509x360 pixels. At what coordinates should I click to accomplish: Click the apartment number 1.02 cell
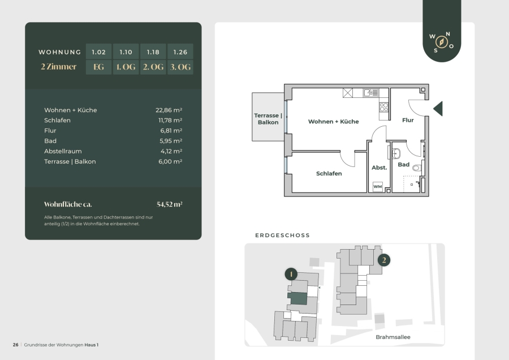[98, 52]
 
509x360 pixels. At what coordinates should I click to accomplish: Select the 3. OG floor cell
[180, 67]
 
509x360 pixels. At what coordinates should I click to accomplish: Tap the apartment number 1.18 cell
[153, 52]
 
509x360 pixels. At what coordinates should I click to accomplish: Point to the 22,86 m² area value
[169, 110]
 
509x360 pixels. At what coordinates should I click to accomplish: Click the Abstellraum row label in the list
[63, 151]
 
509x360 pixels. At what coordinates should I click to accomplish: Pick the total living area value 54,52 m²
[170, 204]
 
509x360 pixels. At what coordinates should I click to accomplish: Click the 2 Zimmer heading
[59, 67]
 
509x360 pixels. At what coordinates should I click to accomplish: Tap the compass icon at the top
[442, 42]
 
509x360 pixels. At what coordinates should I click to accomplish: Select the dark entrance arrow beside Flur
[438, 109]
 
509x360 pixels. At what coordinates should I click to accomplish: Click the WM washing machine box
[378, 186]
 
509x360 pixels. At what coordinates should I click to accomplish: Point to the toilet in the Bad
[417, 168]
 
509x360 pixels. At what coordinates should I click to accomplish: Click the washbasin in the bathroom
[396, 153]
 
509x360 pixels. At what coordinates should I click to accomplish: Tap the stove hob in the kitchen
[383, 107]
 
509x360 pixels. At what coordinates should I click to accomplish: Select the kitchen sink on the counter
[370, 93]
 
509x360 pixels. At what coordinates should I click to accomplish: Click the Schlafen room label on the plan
[329, 174]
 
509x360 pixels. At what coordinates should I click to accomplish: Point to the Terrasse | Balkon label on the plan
[268, 119]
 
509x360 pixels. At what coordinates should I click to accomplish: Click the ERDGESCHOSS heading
[282, 235]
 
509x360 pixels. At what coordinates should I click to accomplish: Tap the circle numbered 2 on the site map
[384, 260]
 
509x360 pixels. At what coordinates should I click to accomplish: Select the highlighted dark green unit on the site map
[297, 298]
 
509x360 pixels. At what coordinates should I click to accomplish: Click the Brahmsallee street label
[393, 337]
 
